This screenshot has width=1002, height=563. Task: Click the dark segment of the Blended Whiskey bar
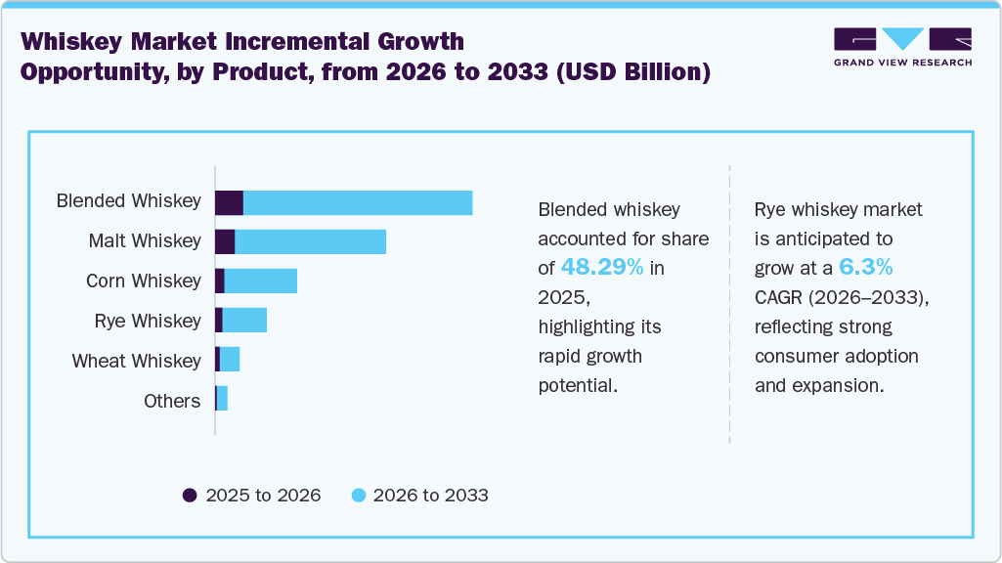(x=229, y=202)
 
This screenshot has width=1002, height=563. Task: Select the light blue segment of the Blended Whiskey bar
(x=358, y=202)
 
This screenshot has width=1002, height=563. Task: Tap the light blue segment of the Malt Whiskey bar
(x=311, y=241)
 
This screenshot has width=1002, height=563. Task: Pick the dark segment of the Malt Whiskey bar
(x=225, y=241)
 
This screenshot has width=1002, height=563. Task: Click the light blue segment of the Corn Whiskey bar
(x=261, y=281)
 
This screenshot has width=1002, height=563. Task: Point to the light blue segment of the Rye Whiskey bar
(x=244, y=321)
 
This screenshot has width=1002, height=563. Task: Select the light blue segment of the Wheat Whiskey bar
(x=230, y=361)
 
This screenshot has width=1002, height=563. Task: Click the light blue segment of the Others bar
(x=222, y=400)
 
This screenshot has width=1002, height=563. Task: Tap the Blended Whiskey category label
(x=128, y=201)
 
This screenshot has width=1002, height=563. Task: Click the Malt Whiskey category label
(x=145, y=241)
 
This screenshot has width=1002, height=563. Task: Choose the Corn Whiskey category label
(x=143, y=281)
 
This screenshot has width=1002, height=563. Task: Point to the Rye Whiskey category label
(x=148, y=322)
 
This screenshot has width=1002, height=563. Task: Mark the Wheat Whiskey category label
(x=136, y=362)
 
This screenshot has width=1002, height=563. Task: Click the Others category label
(x=172, y=401)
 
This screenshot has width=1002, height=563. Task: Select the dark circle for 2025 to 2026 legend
(x=190, y=496)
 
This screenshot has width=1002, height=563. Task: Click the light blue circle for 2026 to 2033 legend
(x=358, y=496)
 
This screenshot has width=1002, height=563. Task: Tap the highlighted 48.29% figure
(x=602, y=268)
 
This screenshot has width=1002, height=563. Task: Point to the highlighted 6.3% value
(x=865, y=268)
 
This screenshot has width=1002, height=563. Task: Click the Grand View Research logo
(x=902, y=47)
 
